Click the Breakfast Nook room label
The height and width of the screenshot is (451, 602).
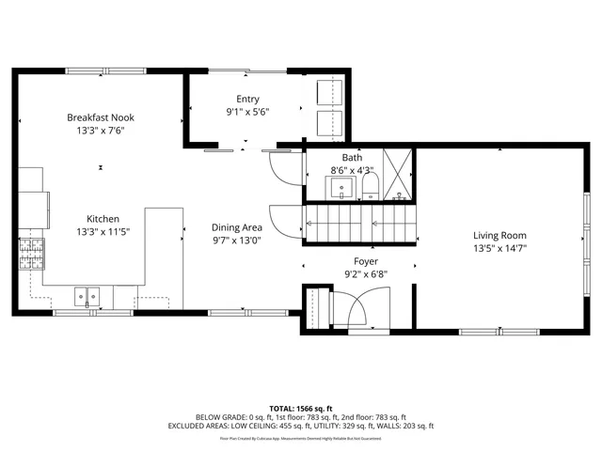(101, 117)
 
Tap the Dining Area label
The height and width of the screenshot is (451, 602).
(236, 226)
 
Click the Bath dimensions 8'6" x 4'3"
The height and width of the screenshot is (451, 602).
(352, 170)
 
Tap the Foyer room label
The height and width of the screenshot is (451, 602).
(365, 261)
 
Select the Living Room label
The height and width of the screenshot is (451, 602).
(499, 236)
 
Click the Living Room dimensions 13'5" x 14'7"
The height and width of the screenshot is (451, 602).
(499, 249)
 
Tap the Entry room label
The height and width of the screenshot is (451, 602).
(247, 99)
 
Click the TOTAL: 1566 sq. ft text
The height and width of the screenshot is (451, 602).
(301, 407)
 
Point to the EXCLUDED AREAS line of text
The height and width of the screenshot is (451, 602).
(301, 427)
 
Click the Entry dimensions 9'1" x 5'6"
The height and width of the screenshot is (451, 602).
(247, 112)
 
